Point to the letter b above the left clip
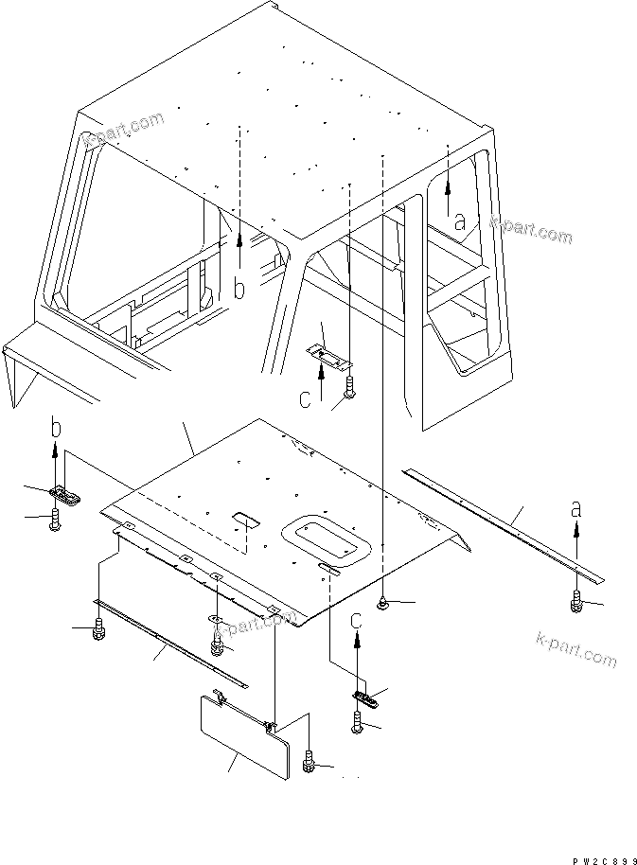(x=56, y=430)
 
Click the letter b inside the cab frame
(x=239, y=289)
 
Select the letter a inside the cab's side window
(x=460, y=223)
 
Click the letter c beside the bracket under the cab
(x=305, y=399)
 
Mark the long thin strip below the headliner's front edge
(x=170, y=642)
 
